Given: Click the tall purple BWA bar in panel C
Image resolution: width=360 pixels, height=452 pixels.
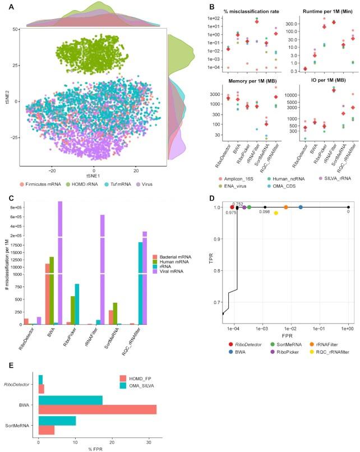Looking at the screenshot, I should (59, 252).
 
